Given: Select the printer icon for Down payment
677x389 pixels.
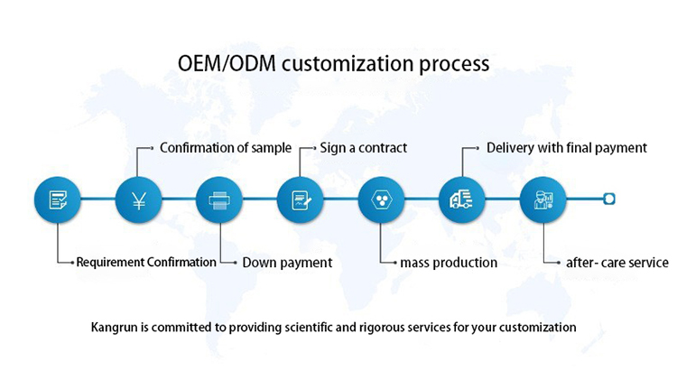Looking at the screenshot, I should (219, 199).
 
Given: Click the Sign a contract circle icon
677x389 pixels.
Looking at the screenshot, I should (300, 199).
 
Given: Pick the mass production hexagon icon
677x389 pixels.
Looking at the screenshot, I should (381, 199).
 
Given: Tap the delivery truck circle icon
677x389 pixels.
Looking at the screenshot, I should (461, 199).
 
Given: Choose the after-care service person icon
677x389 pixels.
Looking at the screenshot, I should (543, 199).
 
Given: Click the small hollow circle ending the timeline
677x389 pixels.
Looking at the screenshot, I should (608, 199).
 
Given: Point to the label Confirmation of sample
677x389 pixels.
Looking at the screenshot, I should (226, 147).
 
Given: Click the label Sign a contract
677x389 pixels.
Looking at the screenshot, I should (364, 147).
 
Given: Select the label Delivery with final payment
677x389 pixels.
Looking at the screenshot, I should (567, 147).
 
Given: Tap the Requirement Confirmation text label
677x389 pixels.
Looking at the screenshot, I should (146, 263).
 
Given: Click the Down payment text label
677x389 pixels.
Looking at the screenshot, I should (287, 263).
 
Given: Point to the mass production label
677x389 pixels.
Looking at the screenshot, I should (449, 263).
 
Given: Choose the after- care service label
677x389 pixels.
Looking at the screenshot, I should (617, 263).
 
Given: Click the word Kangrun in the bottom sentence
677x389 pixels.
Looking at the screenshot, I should (115, 327).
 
